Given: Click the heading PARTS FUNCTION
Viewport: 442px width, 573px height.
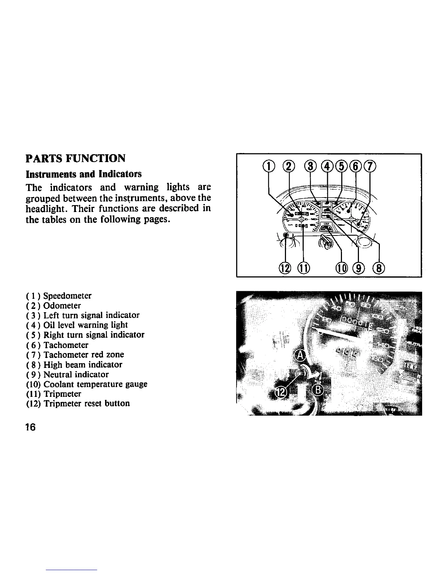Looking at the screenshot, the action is click(x=75, y=158).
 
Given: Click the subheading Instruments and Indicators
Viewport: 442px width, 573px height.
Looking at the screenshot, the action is click(x=83, y=174).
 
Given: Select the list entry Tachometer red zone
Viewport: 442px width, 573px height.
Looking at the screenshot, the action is click(x=84, y=355).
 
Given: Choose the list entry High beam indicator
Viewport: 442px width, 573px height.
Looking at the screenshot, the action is click(x=83, y=365).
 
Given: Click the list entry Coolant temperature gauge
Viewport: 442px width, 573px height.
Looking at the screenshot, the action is click(x=95, y=384).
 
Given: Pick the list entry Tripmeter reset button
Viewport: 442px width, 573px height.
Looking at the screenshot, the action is click(x=87, y=404).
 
